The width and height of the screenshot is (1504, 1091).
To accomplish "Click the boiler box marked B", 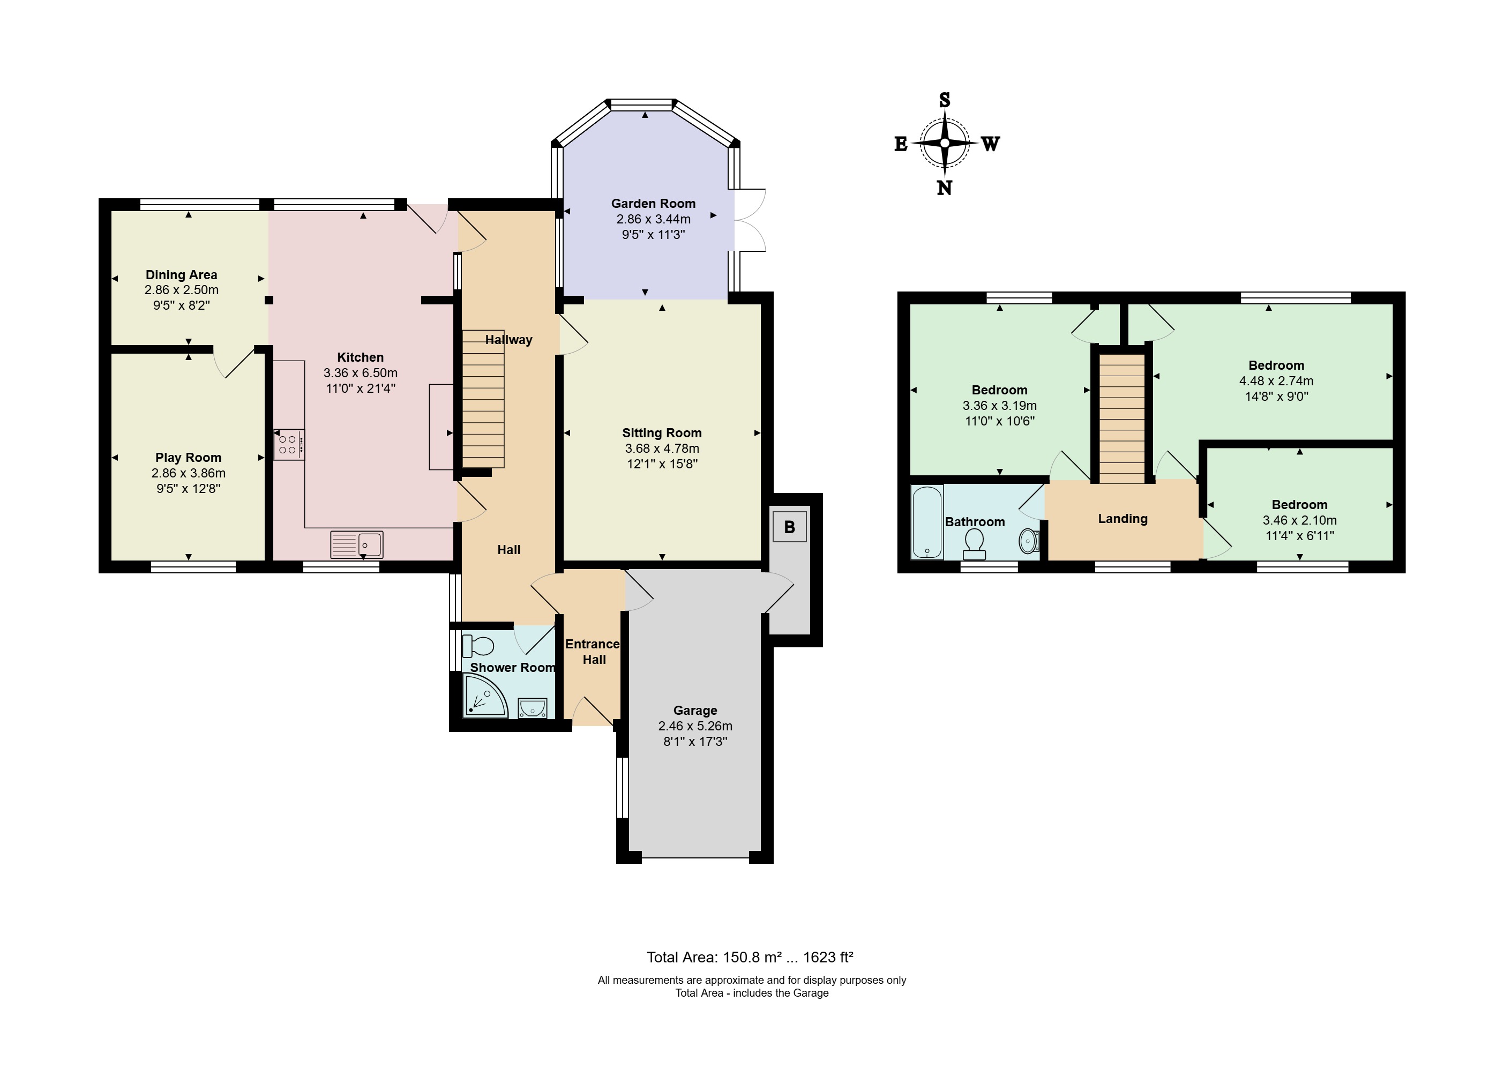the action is point(789,527).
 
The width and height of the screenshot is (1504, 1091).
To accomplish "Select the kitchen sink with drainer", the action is point(357,544).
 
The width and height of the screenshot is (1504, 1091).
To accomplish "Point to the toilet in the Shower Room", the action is point(478,645).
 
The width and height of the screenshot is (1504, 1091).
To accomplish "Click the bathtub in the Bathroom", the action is point(927,522).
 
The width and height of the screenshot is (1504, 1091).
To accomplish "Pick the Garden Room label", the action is point(653,204).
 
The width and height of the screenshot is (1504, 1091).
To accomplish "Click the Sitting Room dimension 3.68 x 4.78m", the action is point(662,449).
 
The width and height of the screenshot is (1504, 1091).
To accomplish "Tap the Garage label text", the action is point(695,711).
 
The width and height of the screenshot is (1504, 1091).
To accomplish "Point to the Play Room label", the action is point(188,458).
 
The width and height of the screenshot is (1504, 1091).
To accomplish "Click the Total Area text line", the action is point(750,957).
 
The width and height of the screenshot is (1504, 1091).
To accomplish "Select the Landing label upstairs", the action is point(1123,519).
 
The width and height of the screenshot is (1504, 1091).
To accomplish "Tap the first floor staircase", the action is point(1122,419).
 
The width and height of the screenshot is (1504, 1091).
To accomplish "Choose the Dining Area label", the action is point(181,274).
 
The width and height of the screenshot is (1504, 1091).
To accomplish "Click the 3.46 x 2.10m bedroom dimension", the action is point(1300,521).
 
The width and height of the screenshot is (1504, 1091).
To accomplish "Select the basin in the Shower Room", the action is point(533,708).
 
